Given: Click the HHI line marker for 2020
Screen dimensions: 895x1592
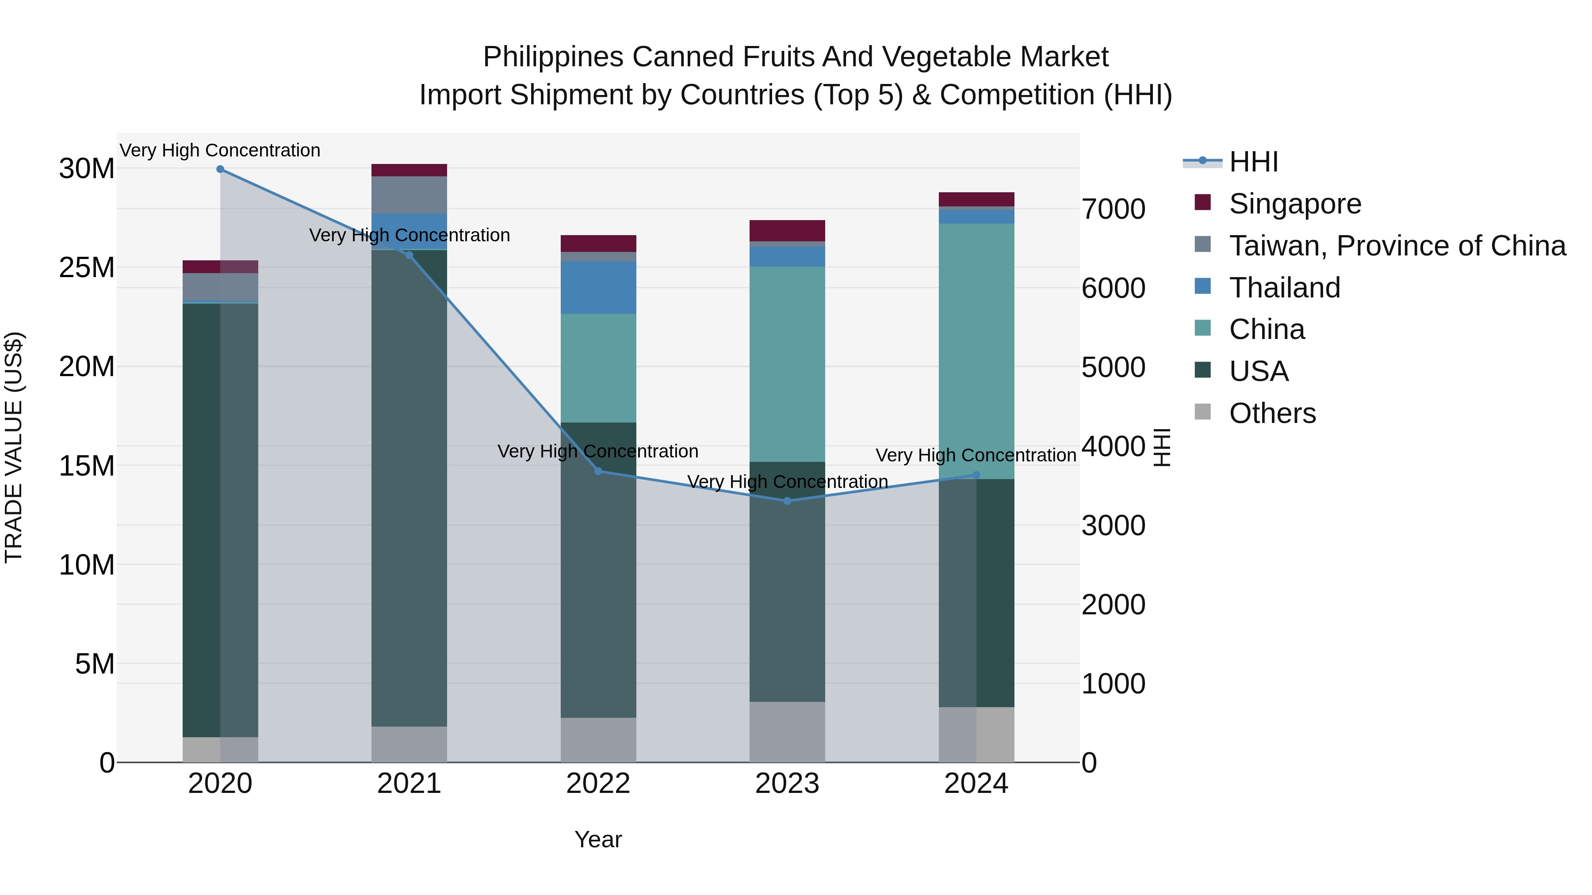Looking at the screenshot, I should pyautogui.click(x=220, y=169).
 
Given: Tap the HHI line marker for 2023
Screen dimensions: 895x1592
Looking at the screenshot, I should pyautogui.click(x=787, y=501).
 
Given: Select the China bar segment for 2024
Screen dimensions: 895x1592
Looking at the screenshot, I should pyautogui.click(x=976, y=351).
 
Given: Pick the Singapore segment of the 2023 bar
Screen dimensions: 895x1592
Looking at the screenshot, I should pyautogui.click(x=787, y=230).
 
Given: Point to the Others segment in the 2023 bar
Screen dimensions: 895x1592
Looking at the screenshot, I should pyautogui.click(x=787, y=731).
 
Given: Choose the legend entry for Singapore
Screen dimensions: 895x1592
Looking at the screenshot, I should pyautogui.click(x=1295, y=204).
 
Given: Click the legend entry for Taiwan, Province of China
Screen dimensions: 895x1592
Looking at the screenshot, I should pyautogui.click(x=1397, y=246).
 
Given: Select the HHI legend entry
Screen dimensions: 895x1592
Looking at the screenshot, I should pyautogui.click(x=1253, y=162).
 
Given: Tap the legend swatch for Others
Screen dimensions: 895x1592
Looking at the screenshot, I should pyautogui.click(x=1203, y=411).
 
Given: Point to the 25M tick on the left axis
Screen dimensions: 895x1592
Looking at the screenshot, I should pyautogui.click(x=87, y=267).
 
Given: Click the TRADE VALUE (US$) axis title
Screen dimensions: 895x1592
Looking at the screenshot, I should pyautogui.click(x=14, y=447).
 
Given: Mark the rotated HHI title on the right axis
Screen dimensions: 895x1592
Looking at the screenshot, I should pyautogui.click(x=1162, y=447).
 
